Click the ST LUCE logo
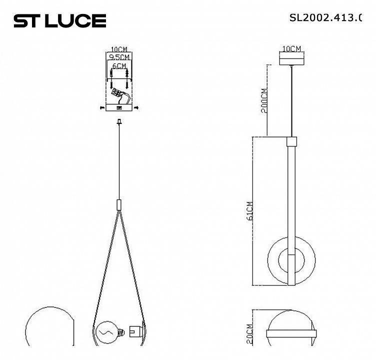(x=59, y=21)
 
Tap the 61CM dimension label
(x=250, y=210)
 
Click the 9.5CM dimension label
(x=119, y=57)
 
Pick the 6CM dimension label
(x=119, y=66)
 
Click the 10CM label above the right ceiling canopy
(x=291, y=49)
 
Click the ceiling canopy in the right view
(x=291, y=58)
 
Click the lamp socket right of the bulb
(x=134, y=331)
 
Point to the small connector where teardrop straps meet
(x=119, y=204)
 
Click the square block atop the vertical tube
(x=291, y=141)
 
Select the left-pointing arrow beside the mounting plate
(x=102, y=107)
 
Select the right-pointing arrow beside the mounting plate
(x=136, y=107)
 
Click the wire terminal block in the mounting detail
(x=117, y=93)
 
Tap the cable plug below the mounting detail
(x=119, y=121)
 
